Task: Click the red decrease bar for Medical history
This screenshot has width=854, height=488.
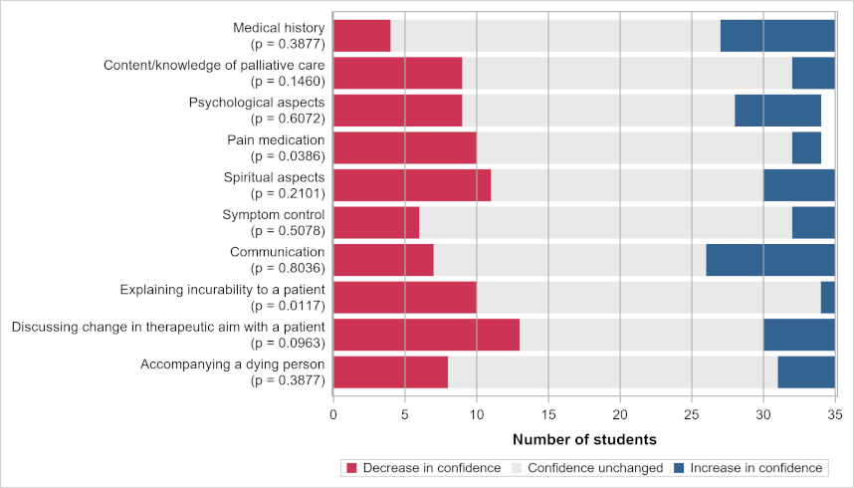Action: click(x=361, y=36)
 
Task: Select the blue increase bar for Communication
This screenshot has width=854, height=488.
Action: click(x=770, y=259)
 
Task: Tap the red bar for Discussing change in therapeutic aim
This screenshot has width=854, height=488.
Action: click(x=426, y=334)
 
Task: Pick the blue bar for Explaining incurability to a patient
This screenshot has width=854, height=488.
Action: click(x=827, y=297)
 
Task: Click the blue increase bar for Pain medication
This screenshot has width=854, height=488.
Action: click(x=806, y=147)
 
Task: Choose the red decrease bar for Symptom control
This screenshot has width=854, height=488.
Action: click(x=376, y=222)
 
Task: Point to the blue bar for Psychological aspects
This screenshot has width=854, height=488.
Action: click(x=777, y=111)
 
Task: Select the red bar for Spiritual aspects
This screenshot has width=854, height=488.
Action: click(x=412, y=185)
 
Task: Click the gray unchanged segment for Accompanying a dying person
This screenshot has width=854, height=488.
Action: click(x=612, y=371)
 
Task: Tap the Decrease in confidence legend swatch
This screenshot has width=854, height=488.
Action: click(x=350, y=468)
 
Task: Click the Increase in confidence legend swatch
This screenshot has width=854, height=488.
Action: click(x=681, y=468)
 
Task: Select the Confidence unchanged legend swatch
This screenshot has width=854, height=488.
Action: click(x=516, y=468)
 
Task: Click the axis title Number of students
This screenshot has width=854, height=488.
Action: click(x=584, y=439)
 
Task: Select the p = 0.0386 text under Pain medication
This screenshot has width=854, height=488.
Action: click(x=289, y=156)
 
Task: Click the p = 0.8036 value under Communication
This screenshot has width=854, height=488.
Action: click(x=289, y=268)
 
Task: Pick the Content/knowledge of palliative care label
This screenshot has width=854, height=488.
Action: click(x=214, y=66)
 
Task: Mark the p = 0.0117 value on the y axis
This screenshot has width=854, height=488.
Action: click(x=289, y=305)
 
